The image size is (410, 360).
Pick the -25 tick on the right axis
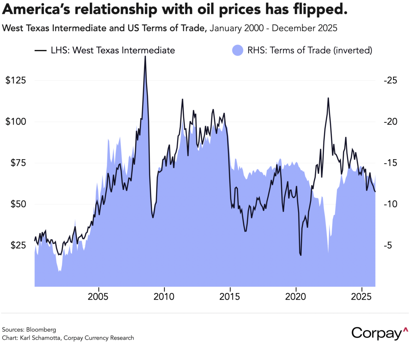click(386, 80)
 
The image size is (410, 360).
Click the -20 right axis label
click(386, 122)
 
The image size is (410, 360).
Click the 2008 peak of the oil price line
click(145, 57)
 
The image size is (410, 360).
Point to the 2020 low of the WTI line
click(300, 255)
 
